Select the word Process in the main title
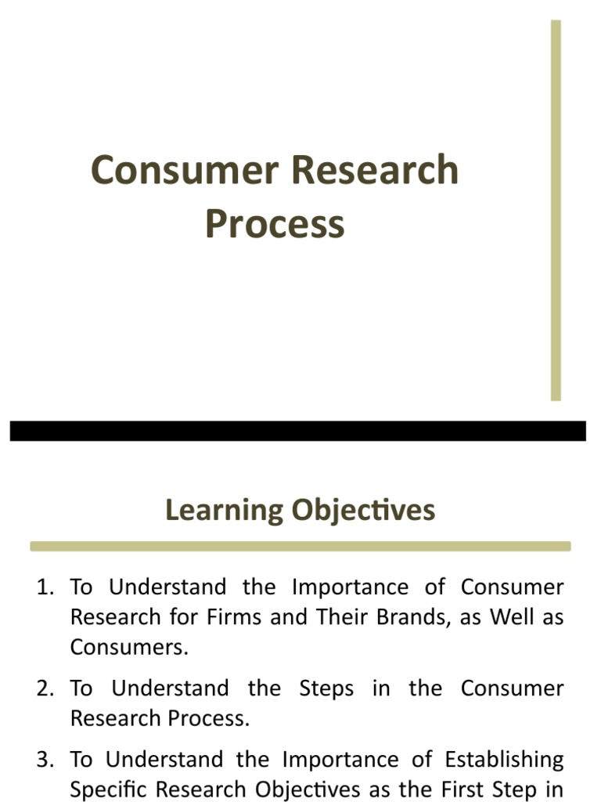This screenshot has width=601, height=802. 275,224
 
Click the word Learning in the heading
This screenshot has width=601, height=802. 224,511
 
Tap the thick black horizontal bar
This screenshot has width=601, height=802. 297,431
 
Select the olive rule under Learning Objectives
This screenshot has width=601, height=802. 300,546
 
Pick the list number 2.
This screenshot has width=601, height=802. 45,689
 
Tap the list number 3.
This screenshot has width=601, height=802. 45,760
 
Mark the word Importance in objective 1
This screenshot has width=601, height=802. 349,587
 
